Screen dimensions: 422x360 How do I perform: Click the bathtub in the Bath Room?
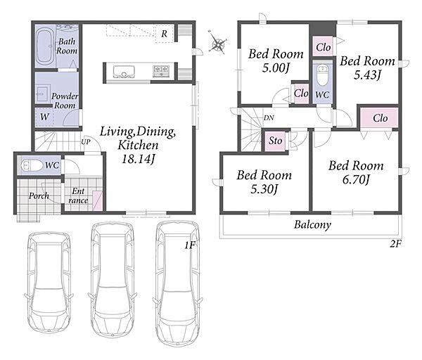(45, 47)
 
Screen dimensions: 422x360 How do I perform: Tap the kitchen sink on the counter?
(124, 71)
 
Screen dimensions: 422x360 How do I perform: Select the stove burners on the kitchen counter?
(161, 71)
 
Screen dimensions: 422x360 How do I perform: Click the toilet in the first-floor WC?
(32, 166)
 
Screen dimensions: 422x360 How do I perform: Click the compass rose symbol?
(217, 43)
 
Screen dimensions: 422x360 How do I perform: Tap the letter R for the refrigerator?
(164, 34)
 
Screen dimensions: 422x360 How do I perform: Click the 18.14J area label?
(138, 159)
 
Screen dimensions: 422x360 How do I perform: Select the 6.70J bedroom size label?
(356, 179)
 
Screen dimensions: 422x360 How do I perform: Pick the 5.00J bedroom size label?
(276, 67)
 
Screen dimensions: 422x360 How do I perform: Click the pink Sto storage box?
(275, 141)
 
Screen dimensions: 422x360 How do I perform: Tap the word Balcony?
(312, 225)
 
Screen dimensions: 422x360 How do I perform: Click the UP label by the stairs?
(86, 141)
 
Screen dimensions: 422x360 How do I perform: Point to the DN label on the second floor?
(269, 117)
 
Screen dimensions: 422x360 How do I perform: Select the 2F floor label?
(395, 244)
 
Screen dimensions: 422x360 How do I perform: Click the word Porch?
(39, 195)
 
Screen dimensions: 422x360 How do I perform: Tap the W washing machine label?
(45, 117)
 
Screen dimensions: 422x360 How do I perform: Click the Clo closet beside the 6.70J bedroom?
(379, 118)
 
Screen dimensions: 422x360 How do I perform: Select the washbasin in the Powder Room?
(42, 93)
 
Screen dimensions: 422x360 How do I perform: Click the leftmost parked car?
(49, 282)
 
